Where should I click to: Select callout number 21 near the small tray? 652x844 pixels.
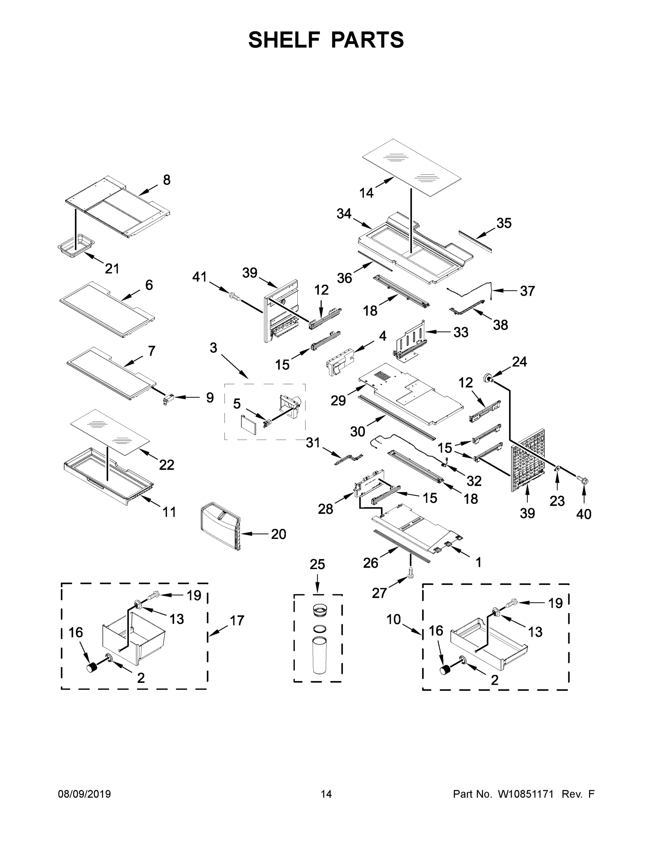click(x=112, y=268)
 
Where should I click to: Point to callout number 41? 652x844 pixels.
click(x=200, y=277)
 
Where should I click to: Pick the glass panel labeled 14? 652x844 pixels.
click(x=412, y=167)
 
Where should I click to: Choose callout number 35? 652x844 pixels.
click(x=504, y=223)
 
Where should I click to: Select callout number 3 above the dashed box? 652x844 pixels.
click(x=213, y=348)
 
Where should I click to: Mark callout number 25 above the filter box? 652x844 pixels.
click(x=317, y=564)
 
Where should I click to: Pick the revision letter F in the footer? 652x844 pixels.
click(x=591, y=794)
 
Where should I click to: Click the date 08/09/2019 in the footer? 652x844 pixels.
click(x=84, y=794)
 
